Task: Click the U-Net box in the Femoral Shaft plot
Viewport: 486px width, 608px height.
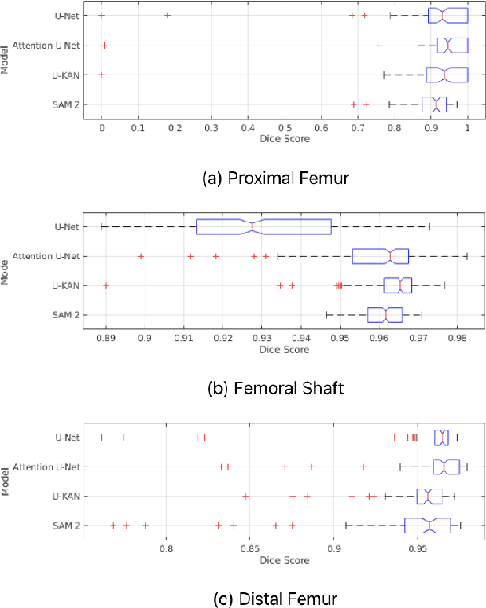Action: tap(263, 226)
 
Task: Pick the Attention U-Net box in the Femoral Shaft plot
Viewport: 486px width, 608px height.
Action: tap(381, 256)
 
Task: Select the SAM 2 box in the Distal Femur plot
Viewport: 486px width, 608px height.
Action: tap(427, 526)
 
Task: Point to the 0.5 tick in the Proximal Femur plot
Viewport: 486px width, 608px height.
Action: tap(285, 126)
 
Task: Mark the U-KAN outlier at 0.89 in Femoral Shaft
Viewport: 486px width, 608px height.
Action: tap(106, 286)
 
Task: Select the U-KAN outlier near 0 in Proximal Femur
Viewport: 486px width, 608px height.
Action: tap(101, 75)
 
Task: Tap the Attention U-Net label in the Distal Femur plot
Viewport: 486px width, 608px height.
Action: tap(49, 467)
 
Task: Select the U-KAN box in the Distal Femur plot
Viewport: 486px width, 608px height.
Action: tap(429, 496)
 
